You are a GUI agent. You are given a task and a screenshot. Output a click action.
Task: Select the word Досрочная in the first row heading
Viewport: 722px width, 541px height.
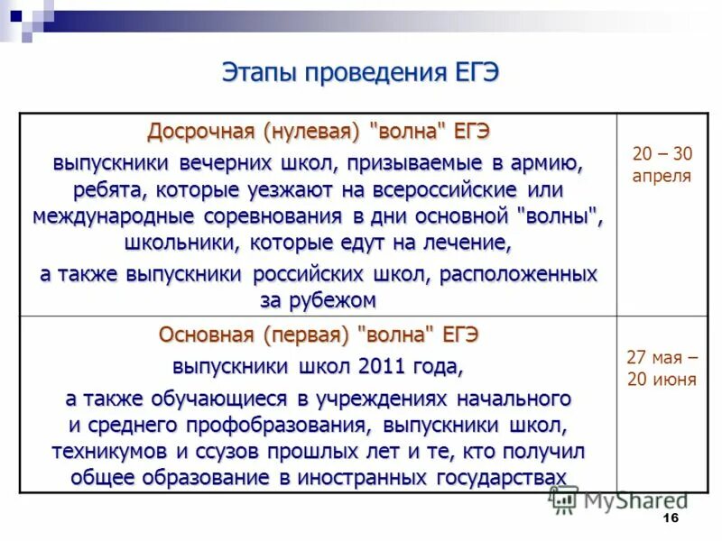click(x=202, y=132)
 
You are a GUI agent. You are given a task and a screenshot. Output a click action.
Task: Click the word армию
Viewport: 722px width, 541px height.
click(x=549, y=165)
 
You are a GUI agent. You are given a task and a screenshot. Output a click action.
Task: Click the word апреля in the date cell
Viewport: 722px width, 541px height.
click(x=662, y=176)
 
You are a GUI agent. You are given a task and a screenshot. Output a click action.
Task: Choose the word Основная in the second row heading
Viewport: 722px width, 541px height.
click(x=208, y=335)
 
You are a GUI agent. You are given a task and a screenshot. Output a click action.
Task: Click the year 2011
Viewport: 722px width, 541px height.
click(x=387, y=367)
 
